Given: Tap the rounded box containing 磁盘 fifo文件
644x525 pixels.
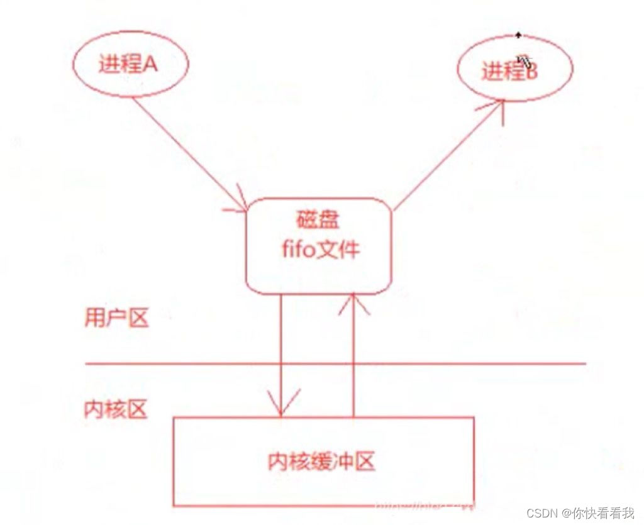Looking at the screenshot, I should point(318,245).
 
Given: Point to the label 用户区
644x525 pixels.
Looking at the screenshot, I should point(116,318).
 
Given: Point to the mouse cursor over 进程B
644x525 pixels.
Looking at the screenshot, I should point(524,61).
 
